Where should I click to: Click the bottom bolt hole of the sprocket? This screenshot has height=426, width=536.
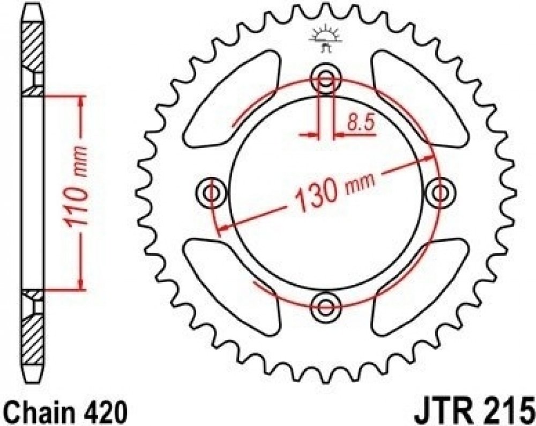326,306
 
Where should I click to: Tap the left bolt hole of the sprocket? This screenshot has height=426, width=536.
212,193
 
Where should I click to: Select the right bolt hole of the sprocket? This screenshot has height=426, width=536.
440,193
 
